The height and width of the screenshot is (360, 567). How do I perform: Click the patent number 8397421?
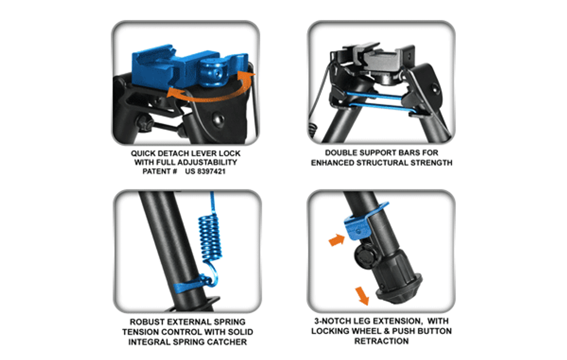tap(211, 171)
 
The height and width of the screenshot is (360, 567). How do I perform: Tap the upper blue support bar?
tap(374, 96)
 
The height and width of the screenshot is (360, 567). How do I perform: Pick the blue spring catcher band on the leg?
tap(191, 285)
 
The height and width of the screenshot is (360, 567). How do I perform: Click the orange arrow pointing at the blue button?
tap(337, 240)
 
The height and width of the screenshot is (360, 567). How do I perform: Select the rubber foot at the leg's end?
tap(399, 289)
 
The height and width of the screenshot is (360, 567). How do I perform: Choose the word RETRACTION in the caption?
tap(382, 341)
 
